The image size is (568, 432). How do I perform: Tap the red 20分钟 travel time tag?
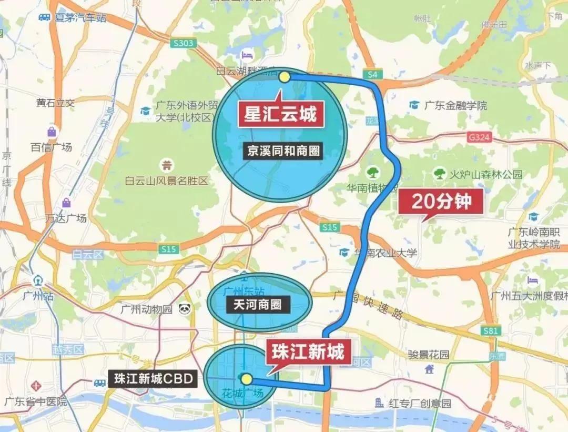(x=441, y=201)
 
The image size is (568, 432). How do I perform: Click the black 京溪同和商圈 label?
(x=283, y=152)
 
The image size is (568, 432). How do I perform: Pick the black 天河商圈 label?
(x=258, y=304)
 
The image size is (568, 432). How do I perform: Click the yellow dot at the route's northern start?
(x=285, y=77)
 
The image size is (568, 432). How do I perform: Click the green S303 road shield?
(x=182, y=43)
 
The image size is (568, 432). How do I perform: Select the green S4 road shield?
(x=372, y=75)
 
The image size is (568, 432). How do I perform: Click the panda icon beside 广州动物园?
(x=184, y=308)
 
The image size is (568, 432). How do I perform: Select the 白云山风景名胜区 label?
(x=167, y=180)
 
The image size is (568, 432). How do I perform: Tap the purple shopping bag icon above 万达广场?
(x=66, y=203)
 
